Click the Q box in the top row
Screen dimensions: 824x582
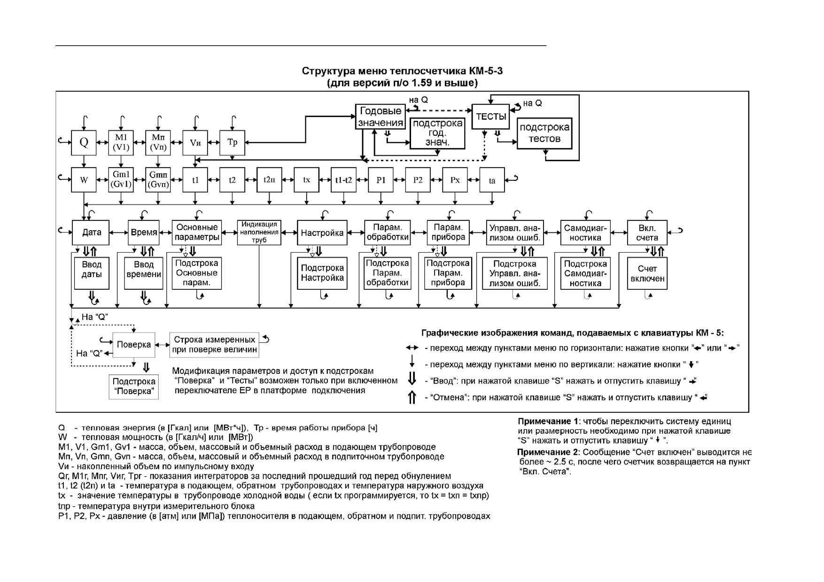point(84,142)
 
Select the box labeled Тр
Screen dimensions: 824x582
point(232,142)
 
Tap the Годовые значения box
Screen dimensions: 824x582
point(381,116)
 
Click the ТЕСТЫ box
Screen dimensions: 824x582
point(491,116)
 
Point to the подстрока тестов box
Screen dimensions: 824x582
point(544,133)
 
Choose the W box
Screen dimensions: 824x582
point(84,179)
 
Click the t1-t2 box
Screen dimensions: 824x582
point(343,179)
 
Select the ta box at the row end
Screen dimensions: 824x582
point(492,179)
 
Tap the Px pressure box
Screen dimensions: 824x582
point(455,179)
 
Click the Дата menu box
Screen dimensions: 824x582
point(91,233)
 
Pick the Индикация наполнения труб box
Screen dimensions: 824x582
point(259,233)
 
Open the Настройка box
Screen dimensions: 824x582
point(322,233)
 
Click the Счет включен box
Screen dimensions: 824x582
point(647,273)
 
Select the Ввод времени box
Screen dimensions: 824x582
point(144,273)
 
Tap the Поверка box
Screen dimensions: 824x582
point(134,344)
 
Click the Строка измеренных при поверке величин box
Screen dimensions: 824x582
point(214,345)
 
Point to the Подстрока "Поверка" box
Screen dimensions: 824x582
point(134,387)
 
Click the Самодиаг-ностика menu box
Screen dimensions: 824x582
point(585,233)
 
